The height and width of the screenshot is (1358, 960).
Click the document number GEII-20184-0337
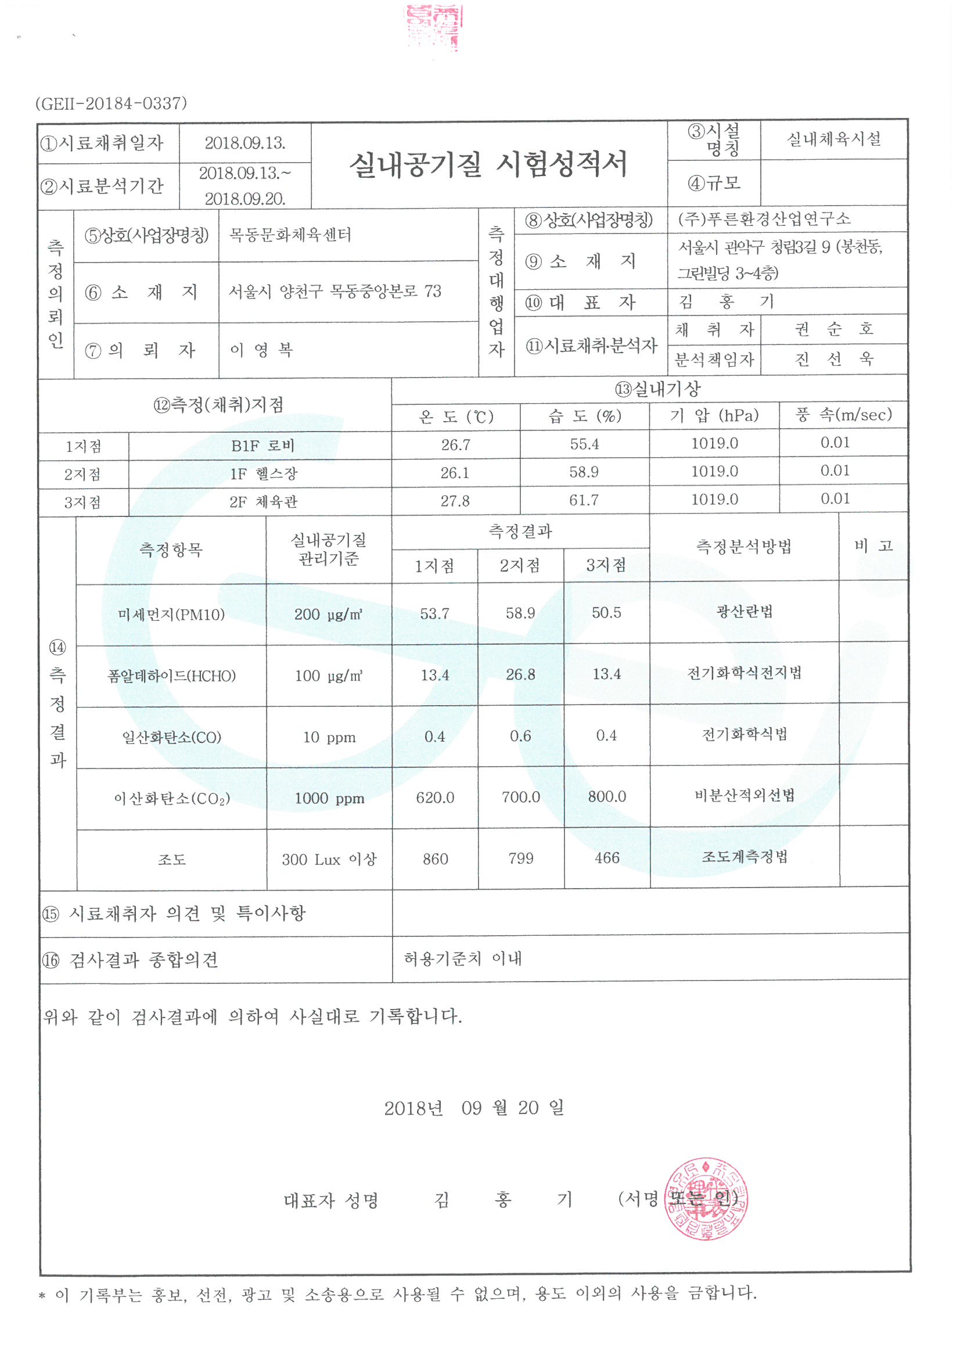pos(111,103)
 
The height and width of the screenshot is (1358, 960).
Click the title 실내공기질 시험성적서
pos(488,164)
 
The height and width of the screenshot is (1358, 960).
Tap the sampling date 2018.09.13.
pos(245,143)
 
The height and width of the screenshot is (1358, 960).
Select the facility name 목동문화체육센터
pos(290,235)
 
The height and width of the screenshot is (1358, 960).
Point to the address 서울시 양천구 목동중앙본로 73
pos(335,291)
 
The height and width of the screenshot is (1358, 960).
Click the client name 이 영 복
pos(261,350)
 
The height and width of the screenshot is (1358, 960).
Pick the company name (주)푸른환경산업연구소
pos(764,219)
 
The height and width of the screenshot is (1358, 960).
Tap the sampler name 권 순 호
pos(833,329)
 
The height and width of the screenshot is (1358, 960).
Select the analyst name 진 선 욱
pos(833,359)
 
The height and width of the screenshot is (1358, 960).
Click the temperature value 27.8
pos(455,501)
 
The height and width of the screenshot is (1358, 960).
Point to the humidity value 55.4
pos(584,444)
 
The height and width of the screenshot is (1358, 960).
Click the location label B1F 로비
pos(263,446)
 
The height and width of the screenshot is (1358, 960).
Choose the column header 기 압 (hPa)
pos(714,415)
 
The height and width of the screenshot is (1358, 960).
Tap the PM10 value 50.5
pos(606,613)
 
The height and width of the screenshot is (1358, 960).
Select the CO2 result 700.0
pos(520,797)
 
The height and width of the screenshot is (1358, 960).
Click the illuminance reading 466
pos(607,858)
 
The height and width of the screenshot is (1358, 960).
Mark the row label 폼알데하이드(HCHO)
pos(171,676)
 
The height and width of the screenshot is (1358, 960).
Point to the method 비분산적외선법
pos(744,796)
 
